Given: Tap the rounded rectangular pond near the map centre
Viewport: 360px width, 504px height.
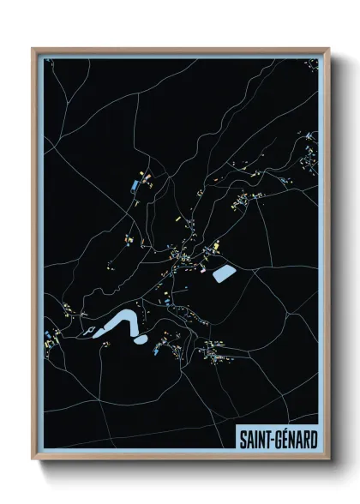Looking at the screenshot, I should [223, 274].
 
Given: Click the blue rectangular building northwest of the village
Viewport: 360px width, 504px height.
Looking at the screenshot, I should [135, 184].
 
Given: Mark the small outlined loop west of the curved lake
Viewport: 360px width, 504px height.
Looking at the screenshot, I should [87, 330].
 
